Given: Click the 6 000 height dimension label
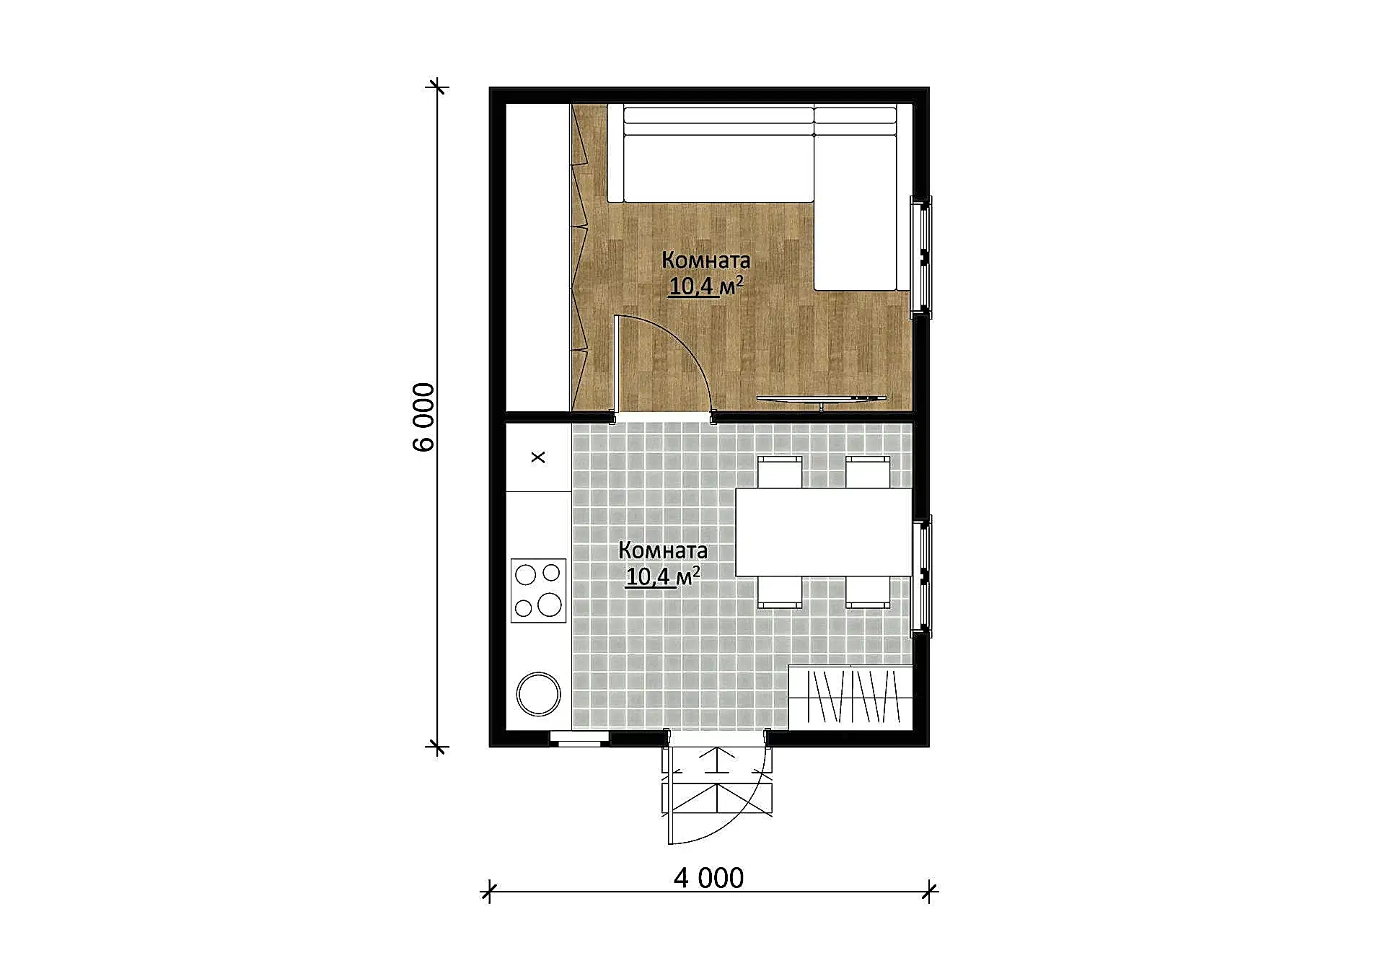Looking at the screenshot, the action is click(423, 417).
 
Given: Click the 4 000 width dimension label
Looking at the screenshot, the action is click(708, 878).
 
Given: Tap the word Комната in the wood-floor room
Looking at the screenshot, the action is click(706, 260).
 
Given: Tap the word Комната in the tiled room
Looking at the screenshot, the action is click(663, 550).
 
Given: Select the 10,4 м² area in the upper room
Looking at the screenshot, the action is click(706, 286).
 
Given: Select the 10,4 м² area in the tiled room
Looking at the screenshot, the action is click(663, 576).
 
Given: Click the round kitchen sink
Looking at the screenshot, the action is click(539, 693).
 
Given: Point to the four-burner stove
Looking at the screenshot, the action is click(539, 590).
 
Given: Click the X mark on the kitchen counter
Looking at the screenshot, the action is click(538, 457).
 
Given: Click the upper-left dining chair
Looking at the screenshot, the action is click(780, 472).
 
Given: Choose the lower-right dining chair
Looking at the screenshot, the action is click(868, 592).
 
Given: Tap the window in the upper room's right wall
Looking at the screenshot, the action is click(921, 257).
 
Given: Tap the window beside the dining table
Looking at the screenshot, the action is click(921, 576).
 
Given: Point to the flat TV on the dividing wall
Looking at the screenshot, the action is click(821, 399).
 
